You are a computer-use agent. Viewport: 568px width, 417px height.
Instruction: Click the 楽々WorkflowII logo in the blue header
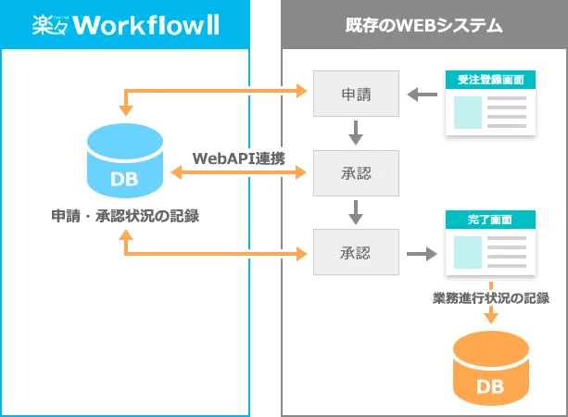click(x=126, y=25)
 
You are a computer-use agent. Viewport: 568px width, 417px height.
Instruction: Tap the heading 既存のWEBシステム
click(x=423, y=25)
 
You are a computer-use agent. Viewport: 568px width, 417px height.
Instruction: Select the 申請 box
click(x=356, y=94)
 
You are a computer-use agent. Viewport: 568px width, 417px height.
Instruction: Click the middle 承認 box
click(x=356, y=173)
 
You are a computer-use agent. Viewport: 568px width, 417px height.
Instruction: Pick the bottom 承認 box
click(x=356, y=252)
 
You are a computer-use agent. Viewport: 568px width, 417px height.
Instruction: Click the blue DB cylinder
click(x=125, y=160)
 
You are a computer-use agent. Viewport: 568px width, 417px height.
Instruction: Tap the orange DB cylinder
click(x=491, y=368)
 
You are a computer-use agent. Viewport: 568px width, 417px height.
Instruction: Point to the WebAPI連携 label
click(x=239, y=158)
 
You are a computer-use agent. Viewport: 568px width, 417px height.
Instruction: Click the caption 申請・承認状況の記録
click(x=125, y=216)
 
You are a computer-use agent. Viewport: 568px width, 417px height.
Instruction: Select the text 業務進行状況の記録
click(x=491, y=297)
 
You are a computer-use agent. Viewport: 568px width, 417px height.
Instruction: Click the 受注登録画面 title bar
click(x=490, y=80)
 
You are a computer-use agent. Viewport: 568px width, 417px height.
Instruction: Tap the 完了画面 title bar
click(x=490, y=220)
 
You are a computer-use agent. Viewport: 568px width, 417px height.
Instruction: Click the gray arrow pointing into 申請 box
click(x=422, y=95)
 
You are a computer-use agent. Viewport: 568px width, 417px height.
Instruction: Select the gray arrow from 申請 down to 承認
click(x=356, y=133)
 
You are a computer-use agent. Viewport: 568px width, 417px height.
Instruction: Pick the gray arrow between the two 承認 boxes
click(x=356, y=212)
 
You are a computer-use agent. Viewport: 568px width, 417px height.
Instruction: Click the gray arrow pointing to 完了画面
click(x=422, y=254)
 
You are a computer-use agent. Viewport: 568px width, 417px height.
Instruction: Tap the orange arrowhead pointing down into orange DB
click(x=491, y=317)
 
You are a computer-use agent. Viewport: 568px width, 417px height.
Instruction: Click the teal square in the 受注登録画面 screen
click(x=468, y=112)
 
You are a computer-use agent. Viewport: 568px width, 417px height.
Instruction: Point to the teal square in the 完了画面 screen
click(x=468, y=253)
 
